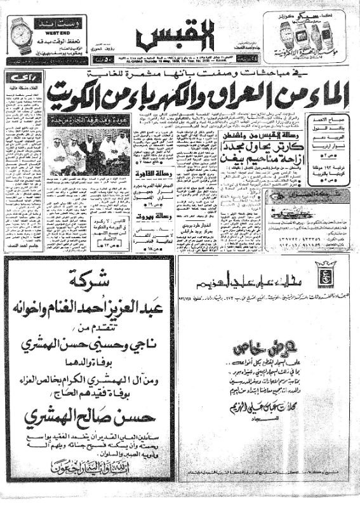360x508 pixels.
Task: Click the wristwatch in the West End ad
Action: [23, 33]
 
